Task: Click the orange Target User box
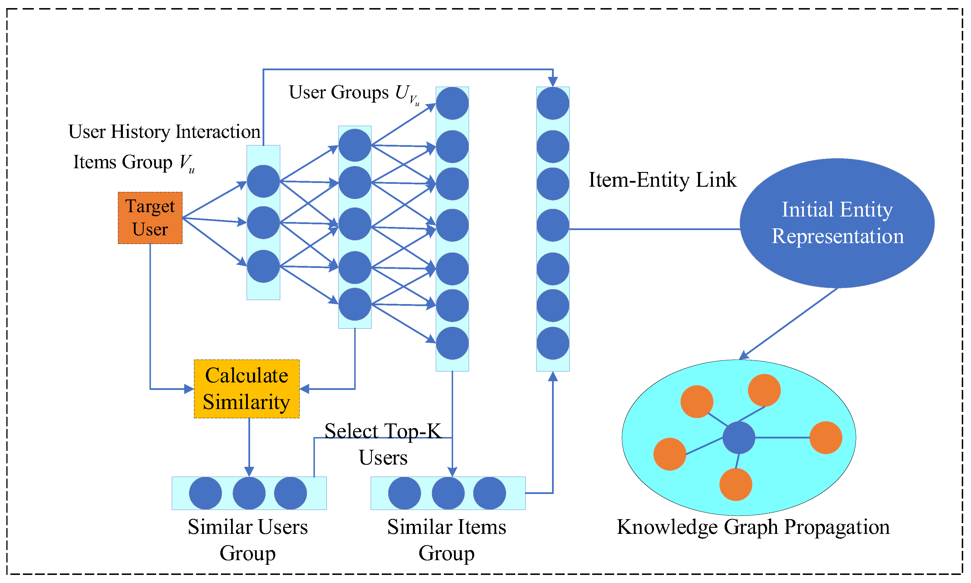[150, 218]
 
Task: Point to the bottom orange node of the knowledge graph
[736, 484]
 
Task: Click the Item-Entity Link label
[662, 180]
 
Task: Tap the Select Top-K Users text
[383, 444]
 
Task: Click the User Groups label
[354, 93]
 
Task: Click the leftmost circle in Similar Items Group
[404, 493]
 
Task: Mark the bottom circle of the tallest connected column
[452, 343]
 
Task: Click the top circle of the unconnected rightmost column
[553, 103]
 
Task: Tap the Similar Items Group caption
[446, 539]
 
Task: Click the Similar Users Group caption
[248, 539]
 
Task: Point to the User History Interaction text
[164, 132]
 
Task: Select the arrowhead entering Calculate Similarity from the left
[189, 389]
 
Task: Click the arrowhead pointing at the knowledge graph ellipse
[743, 356]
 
